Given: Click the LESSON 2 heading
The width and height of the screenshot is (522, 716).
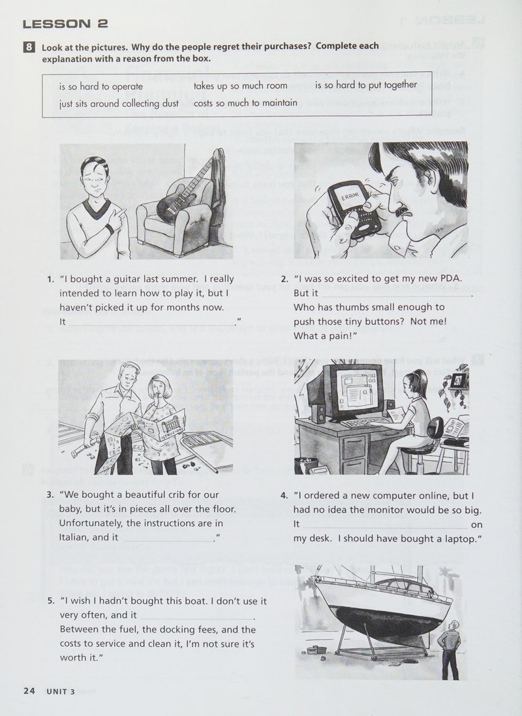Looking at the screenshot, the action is click(65, 23).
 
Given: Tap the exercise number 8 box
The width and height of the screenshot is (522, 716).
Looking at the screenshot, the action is click(29, 47).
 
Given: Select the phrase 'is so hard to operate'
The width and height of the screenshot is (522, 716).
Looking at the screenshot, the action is click(101, 86).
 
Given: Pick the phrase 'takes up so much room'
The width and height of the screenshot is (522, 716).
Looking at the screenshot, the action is click(240, 86).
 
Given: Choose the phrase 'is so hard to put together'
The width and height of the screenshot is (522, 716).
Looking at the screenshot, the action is click(366, 85).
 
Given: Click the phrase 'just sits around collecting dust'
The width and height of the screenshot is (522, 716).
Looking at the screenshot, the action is click(119, 104).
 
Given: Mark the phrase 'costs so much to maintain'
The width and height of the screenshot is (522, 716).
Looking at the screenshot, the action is click(245, 102).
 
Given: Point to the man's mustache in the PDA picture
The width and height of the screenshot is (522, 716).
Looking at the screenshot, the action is click(401, 211).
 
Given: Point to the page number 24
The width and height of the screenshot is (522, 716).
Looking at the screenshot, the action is click(29, 691).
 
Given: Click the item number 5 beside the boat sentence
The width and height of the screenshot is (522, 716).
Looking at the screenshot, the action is click(51, 601).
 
